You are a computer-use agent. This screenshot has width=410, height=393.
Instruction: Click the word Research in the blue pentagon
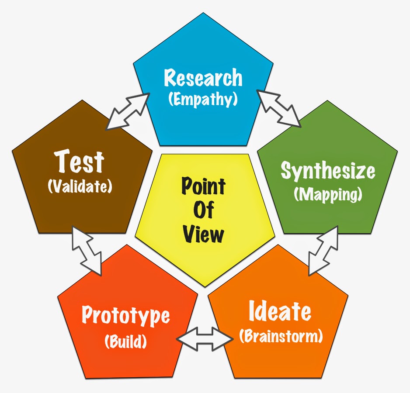pos(203,78)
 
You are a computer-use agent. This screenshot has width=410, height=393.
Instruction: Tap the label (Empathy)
pos(203,99)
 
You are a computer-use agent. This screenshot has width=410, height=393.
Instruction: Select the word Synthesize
pos(328,170)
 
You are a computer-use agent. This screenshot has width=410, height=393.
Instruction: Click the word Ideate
pos(280,311)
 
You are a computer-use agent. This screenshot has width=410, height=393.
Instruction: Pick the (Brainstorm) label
pos(281,336)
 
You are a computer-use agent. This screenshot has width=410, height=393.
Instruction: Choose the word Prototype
pos(126,315)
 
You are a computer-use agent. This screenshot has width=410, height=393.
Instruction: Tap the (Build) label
pos(126,341)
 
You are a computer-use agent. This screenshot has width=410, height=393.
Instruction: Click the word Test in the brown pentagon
pos(80,162)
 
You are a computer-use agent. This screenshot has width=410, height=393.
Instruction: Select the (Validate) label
pos(80,186)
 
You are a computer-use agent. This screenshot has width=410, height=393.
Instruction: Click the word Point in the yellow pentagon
pos(203,186)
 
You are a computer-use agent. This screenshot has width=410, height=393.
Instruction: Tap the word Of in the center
pos(203,210)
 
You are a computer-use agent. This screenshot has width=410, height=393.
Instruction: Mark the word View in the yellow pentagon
pos(203,234)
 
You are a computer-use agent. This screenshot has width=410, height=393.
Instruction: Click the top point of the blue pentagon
pos(204,13)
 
